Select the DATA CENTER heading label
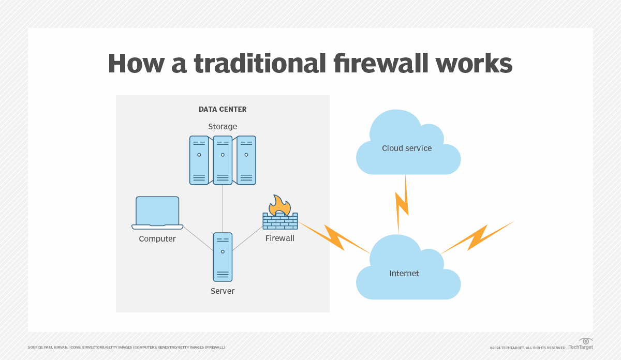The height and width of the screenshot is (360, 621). pyautogui.click(x=223, y=109)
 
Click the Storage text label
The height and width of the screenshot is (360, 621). pyautogui.click(x=223, y=127)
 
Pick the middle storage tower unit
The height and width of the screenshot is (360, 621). pyautogui.click(x=223, y=160)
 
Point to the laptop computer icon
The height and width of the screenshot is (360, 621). pyautogui.click(x=157, y=213)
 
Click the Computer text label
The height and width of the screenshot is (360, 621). pyautogui.click(x=157, y=239)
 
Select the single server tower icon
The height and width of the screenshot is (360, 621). pyautogui.click(x=223, y=257)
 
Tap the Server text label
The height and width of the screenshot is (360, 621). pyautogui.click(x=223, y=291)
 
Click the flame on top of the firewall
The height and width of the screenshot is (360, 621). pyautogui.click(x=279, y=205)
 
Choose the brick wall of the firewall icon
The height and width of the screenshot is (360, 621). pyautogui.click(x=280, y=221)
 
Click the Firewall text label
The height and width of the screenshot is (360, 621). pyautogui.click(x=280, y=238)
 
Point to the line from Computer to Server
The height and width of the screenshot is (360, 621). pyautogui.click(x=198, y=239)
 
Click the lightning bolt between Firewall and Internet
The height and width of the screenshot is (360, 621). pyautogui.click(x=334, y=237)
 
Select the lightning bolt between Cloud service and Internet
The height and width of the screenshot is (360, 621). pyautogui.click(x=402, y=204)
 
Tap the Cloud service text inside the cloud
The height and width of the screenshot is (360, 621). pyautogui.click(x=407, y=148)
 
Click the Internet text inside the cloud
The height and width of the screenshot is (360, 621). pyautogui.click(x=404, y=273)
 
